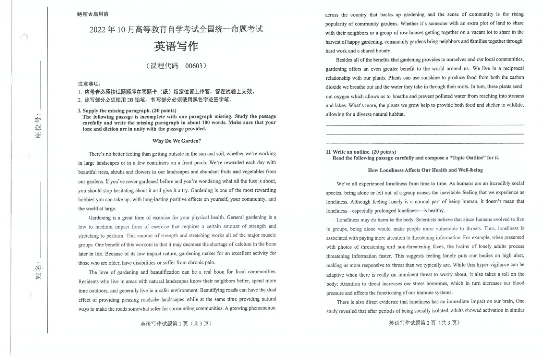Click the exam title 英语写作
click(176, 47)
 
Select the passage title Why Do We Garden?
click(177, 141)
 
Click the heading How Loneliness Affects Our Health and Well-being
click(425, 170)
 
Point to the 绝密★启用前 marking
click(92, 14)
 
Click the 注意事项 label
click(89, 84)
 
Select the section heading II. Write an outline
click(361, 152)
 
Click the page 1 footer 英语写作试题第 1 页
click(177, 323)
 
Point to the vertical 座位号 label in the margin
click(38, 127)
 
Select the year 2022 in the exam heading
click(98, 29)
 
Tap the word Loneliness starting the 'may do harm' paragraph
click(349, 220)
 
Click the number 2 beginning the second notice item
click(80, 99)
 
